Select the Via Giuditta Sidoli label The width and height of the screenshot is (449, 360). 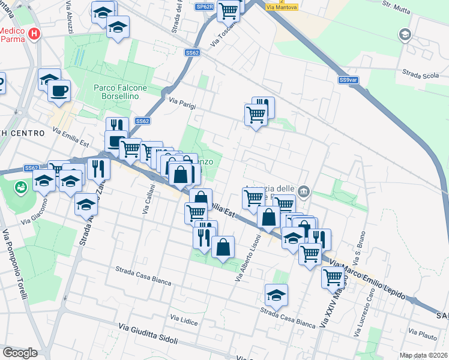(x=148, y=334)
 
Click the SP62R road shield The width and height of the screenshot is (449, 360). (x=205, y=7)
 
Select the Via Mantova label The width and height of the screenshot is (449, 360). (x=277, y=7)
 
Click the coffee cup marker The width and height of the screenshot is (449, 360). (x=59, y=91)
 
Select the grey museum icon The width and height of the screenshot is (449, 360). (x=304, y=192)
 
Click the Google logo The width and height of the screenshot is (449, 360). (x=20, y=353)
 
